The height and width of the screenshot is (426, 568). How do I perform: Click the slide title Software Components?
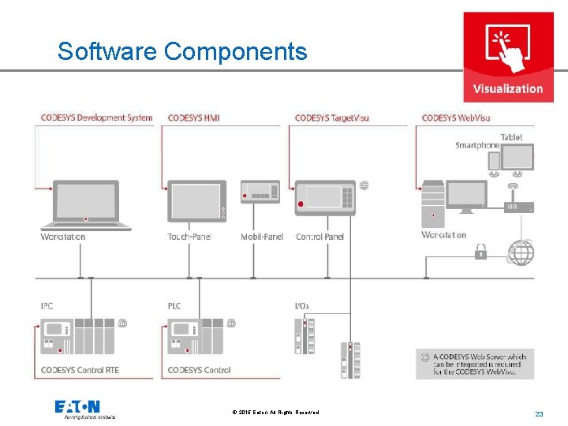coord(182,51)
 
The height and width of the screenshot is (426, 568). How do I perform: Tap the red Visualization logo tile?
coord(507,57)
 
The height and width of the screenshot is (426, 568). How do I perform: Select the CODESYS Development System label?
coord(96,118)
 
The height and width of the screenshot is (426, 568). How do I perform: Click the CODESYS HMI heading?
coord(193,118)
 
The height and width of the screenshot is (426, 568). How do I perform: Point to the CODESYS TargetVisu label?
coord(331,118)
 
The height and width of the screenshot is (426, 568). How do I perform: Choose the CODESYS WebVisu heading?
coord(456,118)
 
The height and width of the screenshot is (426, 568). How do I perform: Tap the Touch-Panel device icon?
coord(196,202)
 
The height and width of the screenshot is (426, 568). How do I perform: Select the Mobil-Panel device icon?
coord(260,191)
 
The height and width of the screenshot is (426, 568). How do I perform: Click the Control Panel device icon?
coord(325,197)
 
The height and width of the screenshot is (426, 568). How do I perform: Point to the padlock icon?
coord(480,252)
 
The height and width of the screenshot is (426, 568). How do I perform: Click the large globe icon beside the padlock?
coord(521,252)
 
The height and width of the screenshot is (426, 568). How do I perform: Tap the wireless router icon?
coord(518,204)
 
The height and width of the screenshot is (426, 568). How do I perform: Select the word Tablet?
coord(511,137)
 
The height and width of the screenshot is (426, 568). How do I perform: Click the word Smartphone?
coord(477,145)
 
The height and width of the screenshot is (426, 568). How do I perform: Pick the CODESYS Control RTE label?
coord(80,370)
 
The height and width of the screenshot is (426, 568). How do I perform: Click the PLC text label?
coord(174,305)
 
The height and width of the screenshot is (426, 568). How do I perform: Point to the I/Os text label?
coord(302,305)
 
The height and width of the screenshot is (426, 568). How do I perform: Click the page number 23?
coord(540,414)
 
